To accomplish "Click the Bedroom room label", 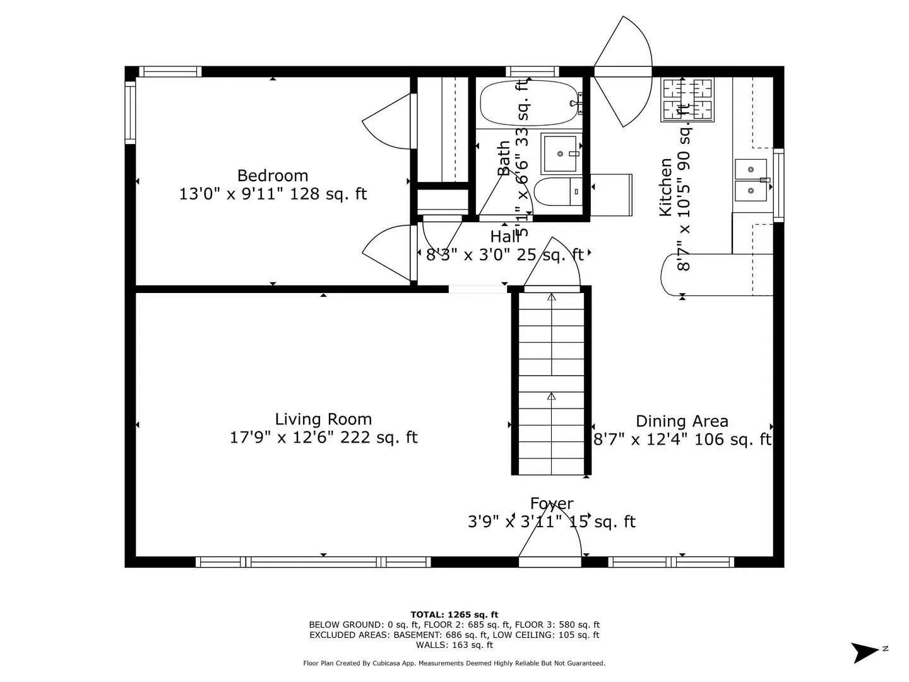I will [x=273, y=176].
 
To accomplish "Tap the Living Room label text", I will [x=323, y=419].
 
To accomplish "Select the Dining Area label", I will [x=682, y=421].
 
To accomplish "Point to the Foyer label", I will [x=552, y=504].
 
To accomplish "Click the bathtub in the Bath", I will [x=529, y=103].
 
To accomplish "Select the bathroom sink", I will [x=560, y=153].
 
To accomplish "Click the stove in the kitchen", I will [x=687, y=99].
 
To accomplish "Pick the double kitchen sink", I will [x=751, y=179].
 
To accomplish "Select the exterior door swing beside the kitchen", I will [x=622, y=71].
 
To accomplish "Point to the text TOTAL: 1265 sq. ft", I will [x=454, y=614].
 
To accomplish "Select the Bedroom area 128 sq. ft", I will [x=328, y=194].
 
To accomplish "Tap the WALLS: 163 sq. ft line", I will [x=454, y=645].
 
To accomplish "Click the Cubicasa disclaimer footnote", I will [x=454, y=663].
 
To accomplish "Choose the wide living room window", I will [x=313, y=561].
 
